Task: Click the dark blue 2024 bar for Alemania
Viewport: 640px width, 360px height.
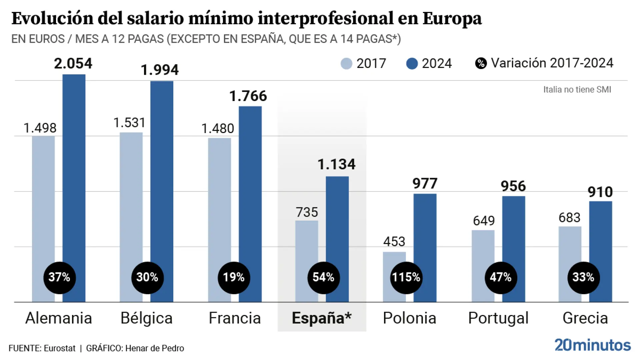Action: click(x=74, y=167)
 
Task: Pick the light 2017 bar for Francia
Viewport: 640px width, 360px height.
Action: click(x=219, y=200)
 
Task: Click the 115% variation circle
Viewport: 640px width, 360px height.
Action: click(x=406, y=277)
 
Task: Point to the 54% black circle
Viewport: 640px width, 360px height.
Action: click(x=323, y=277)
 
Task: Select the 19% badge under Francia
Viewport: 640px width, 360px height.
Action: click(x=234, y=277)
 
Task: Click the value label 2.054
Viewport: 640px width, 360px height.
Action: click(x=73, y=63)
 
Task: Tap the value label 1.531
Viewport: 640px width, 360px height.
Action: click(x=129, y=123)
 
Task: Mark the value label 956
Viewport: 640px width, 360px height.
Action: click(x=513, y=186)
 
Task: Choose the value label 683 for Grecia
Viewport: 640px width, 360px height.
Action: click(x=569, y=218)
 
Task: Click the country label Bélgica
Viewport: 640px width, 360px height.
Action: click(x=146, y=318)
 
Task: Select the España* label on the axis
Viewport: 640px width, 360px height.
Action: click(x=321, y=318)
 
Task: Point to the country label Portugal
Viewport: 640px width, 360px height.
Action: click(x=498, y=318)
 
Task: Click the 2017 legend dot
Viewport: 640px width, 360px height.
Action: click(x=346, y=63)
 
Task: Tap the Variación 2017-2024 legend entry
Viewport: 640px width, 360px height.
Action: click(x=544, y=63)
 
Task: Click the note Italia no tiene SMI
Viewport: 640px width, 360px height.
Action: click(x=577, y=89)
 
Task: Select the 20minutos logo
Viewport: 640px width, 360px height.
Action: click(x=593, y=345)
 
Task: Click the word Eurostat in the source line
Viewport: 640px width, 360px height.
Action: click(x=60, y=348)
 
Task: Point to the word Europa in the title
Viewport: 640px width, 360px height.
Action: click(x=452, y=18)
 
